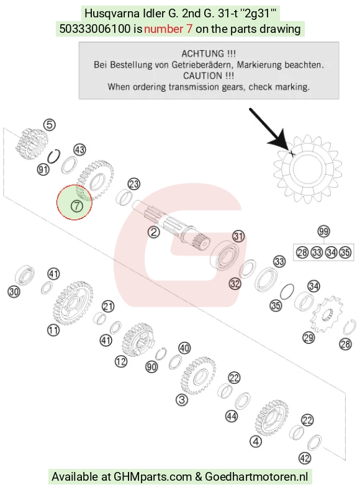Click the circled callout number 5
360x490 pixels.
coord(50,125)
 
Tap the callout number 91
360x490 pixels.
coord(43,170)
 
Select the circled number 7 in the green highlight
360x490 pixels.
coord(76,206)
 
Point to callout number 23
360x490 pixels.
coord(134,184)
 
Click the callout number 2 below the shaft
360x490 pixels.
coord(153,232)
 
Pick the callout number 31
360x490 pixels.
coord(238,236)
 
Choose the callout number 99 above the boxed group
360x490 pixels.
coord(323,231)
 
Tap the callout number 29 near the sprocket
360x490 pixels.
coord(308,337)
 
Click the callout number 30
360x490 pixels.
coord(14,292)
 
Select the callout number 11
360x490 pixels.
coord(53,330)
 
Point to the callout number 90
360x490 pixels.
coord(151,367)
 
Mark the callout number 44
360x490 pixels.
coord(232,416)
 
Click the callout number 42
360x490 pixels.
coord(305,458)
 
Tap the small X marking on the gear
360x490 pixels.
coord(292,153)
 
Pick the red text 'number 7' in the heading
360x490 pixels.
coord(168,29)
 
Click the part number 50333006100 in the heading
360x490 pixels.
coord(95,29)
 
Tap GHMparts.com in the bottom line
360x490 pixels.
coord(153,477)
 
